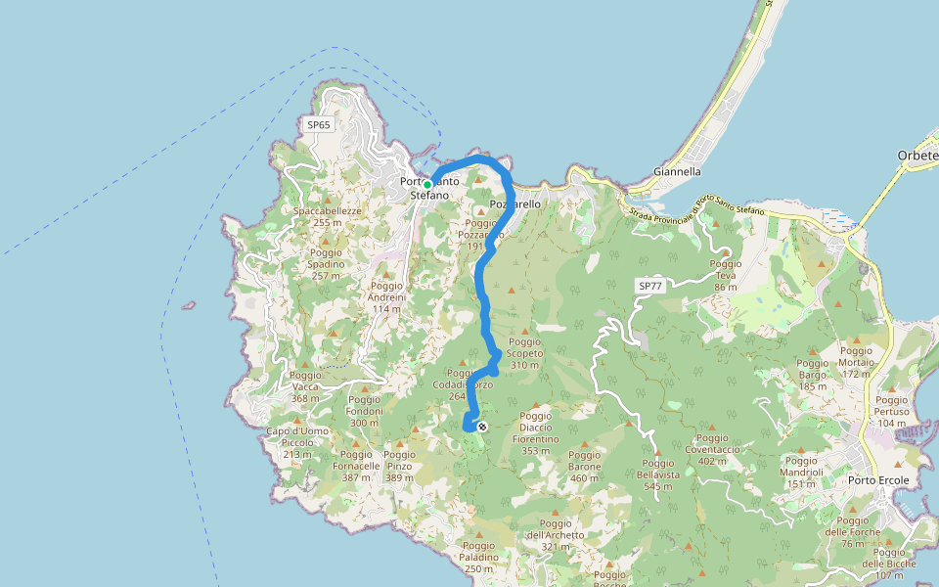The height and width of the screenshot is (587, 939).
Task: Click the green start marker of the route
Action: click(427, 184)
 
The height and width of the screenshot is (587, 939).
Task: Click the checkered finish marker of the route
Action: click(481, 427)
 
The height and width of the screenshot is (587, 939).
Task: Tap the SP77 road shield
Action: click(649, 286)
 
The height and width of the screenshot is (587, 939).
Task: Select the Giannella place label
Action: click(677, 171)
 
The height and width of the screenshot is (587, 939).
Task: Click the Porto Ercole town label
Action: click(878, 480)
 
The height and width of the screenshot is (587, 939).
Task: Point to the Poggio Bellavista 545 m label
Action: click(657, 474)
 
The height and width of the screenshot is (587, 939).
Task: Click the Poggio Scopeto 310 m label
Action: click(524, 353)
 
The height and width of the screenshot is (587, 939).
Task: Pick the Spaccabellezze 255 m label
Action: click(328, 216)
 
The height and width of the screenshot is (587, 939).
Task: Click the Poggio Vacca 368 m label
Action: click(305, 386)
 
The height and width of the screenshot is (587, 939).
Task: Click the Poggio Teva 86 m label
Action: click(725, 275)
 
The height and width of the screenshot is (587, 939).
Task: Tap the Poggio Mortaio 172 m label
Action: click(856, 362)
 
